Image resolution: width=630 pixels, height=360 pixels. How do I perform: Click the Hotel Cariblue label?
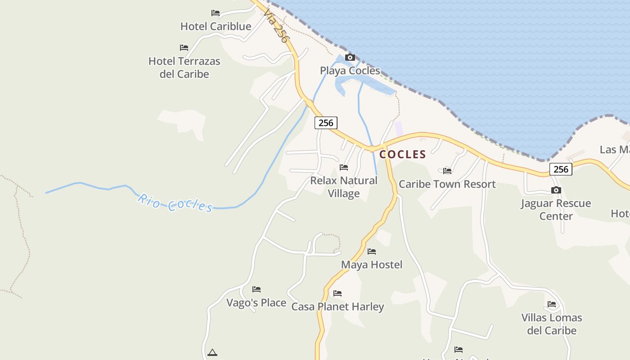tap(216, 27)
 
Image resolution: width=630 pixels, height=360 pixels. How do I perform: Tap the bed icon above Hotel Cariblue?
tap(216, 13)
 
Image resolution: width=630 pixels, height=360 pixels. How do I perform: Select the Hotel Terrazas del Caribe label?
tap(184, 67)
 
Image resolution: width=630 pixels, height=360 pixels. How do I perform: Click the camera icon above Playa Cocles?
tap(350, 57)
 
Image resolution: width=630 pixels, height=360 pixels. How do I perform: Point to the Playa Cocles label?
tap(350, 71)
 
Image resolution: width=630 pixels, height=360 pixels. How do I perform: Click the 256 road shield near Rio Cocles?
tap(326, 122)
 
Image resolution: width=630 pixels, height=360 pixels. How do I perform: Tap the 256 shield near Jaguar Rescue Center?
tap(561, 169)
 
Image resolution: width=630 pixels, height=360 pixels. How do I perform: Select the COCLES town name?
tap(402, 154)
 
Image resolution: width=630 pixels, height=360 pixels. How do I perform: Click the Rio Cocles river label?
tap(175, 203)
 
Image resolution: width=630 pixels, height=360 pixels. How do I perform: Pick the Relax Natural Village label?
tap(344, 187)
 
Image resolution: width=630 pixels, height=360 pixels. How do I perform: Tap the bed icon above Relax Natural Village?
tap(344, 167)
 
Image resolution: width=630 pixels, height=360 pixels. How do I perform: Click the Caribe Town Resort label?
tap(447, 184)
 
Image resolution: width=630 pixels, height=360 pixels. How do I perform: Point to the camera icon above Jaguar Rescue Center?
tap(556, 190)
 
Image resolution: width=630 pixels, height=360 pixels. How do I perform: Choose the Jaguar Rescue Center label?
tap(556, 210)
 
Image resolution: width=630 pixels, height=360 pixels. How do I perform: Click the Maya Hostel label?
tap(372, 265)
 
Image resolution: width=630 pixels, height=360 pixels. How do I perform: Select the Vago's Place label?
tap(256, 303)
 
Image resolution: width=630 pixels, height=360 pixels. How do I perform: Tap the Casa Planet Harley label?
tap(337, 307)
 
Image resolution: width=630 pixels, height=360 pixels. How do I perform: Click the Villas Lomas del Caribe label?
tap(552, 324)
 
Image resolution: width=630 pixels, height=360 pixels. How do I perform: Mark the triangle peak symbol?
tap(212, 352)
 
